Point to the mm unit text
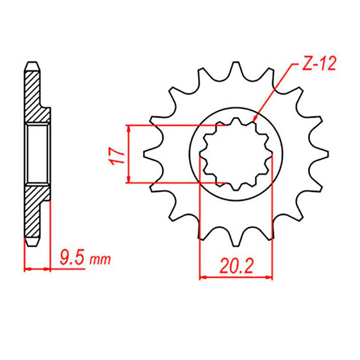click(100, 260)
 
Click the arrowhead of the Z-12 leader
click(254, 118)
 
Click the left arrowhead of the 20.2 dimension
click(202, 276)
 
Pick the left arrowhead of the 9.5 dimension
click(27, 269)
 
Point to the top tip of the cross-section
click(31, 62)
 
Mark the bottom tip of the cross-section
click(31, 245)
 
